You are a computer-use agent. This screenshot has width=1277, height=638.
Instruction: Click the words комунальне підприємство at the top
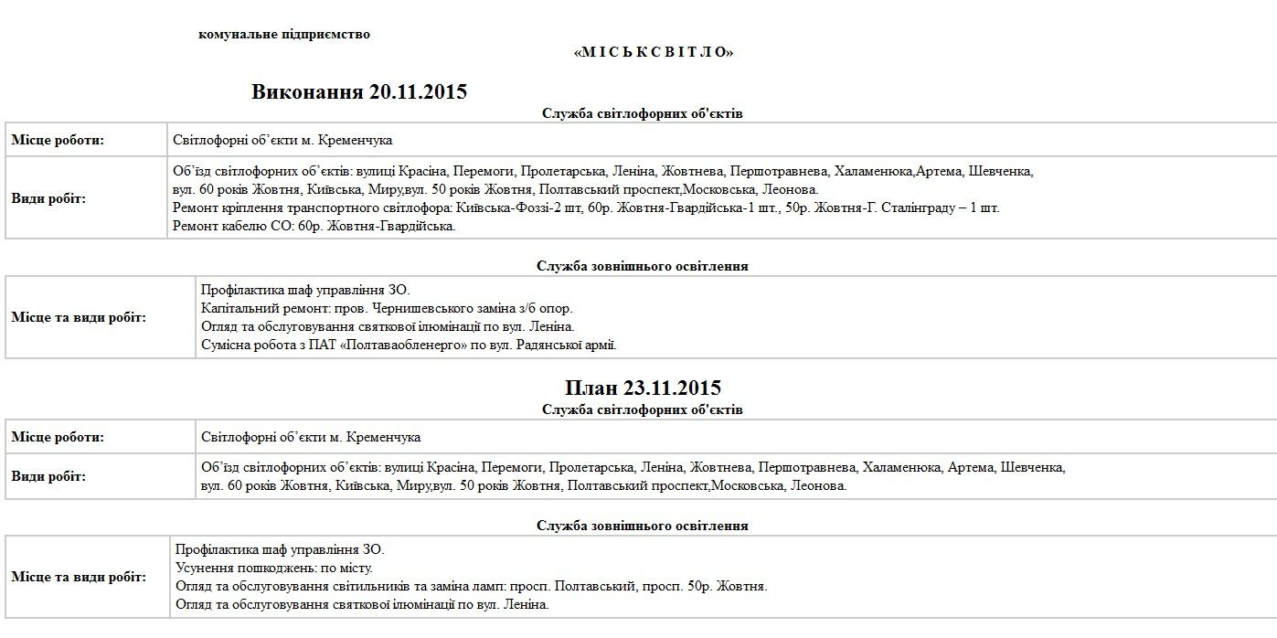coord(284,35)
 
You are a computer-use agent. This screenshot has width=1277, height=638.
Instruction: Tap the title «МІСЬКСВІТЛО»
coord(653,52)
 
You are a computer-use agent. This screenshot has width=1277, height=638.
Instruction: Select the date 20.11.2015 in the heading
coord(418,91)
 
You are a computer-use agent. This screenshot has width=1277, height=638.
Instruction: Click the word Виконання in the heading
coord(307,91)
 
